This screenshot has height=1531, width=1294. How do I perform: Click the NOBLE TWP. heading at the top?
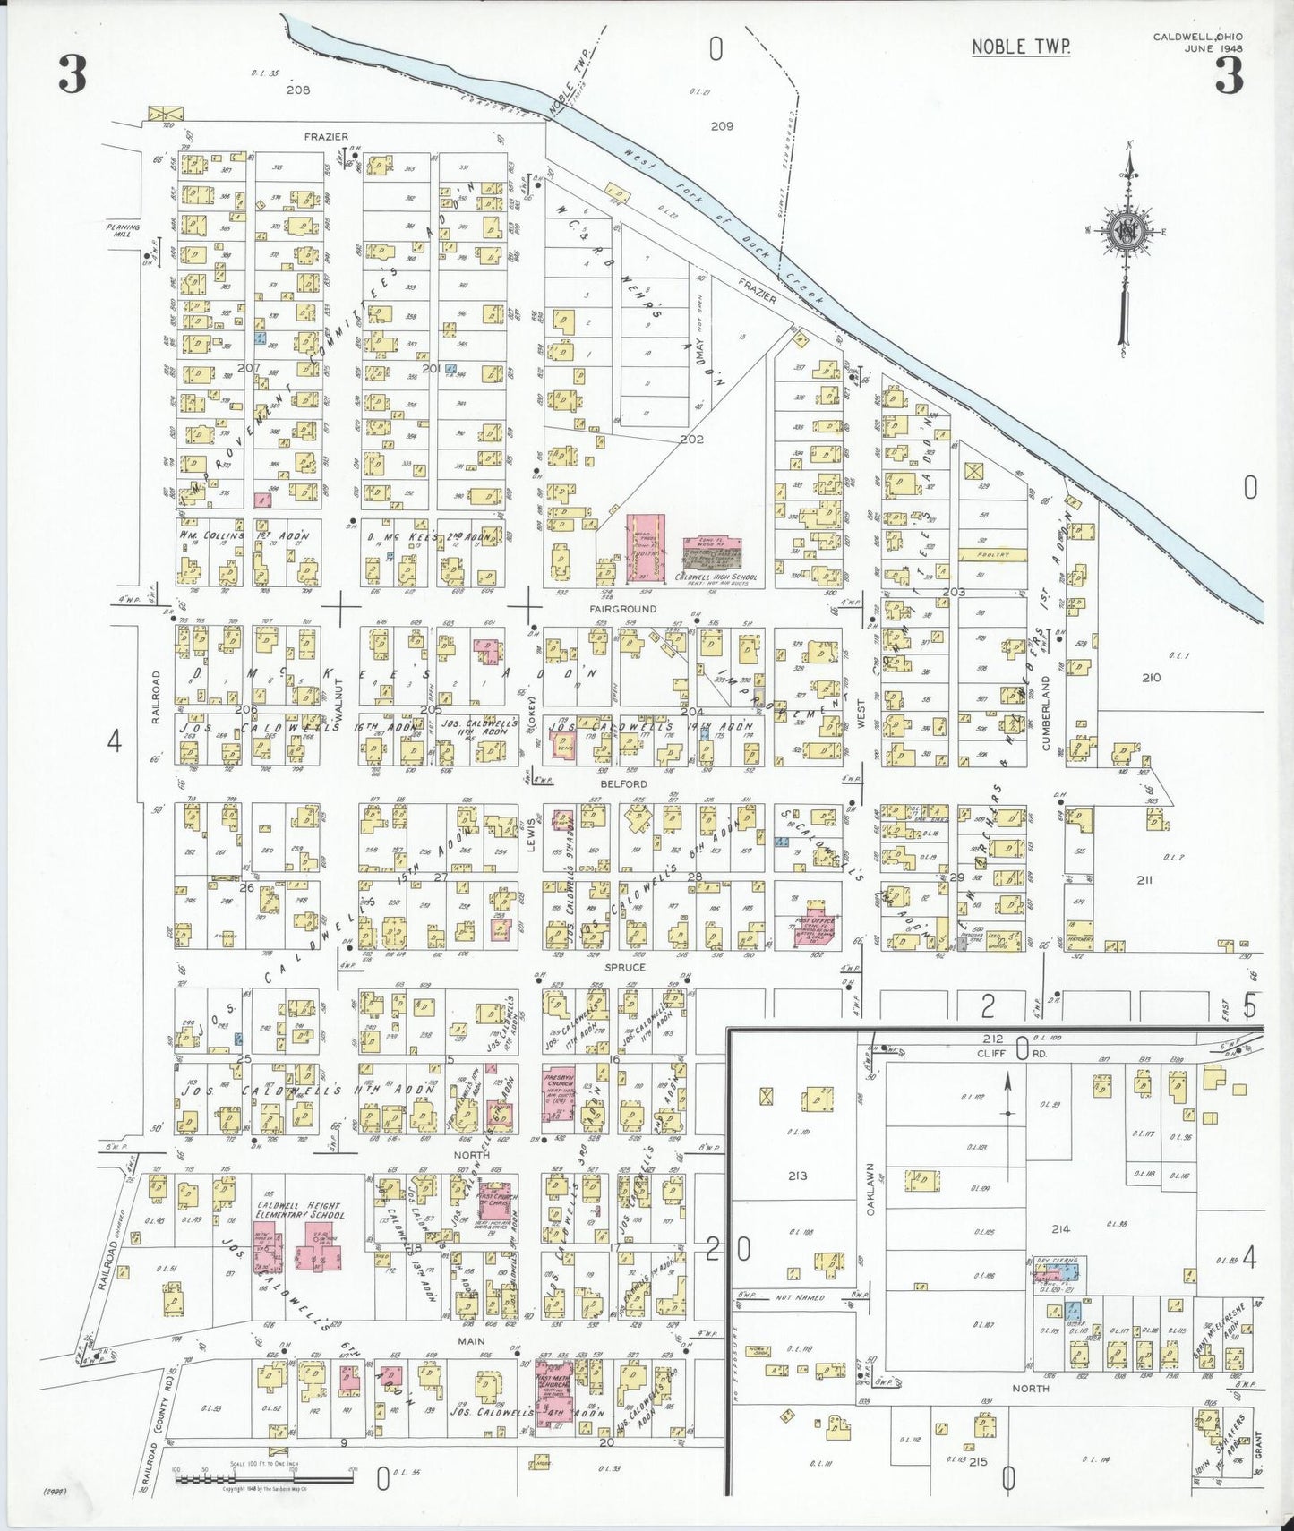(x=1021, y=47)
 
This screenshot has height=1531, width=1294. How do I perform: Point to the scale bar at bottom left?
(x=264, y=1473)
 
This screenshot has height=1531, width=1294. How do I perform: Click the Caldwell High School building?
(x=713, y=556)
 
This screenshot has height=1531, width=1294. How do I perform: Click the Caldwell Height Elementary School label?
(x=300, y=1210)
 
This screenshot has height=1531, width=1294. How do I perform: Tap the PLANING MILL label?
(x=123, y=230)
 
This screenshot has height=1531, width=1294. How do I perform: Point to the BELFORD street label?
(x=623, y=783)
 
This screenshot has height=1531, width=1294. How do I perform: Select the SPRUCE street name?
(x=624, y=967)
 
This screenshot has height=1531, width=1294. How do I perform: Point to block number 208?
(x=297, y=90)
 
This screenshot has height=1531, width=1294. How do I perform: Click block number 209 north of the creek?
(x=722, y=126)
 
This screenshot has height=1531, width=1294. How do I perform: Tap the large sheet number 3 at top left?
(x=73, y=74)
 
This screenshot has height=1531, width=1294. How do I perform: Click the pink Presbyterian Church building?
(x=558, y=1094)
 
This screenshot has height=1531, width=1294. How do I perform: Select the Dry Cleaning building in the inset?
(x=1058, y=1270)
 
